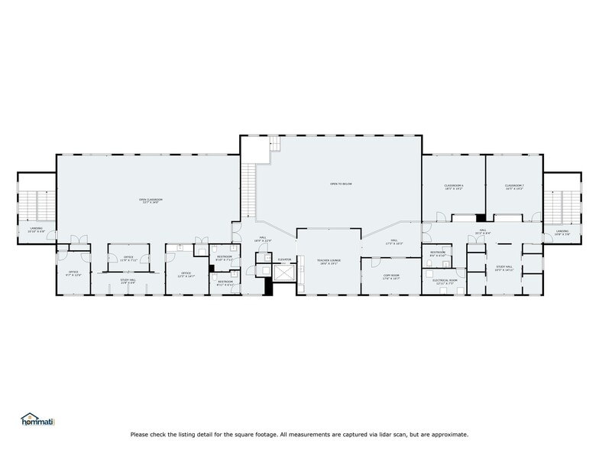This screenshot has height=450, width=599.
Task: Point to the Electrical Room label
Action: click(x=443, y=281)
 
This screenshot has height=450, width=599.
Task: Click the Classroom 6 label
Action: click(x=454, y=187)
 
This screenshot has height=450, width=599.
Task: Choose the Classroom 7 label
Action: click(x=513, y=187)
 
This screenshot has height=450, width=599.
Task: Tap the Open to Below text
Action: click(x=341, y=184)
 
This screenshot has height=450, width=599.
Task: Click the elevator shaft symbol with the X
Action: click(x=284, y=273)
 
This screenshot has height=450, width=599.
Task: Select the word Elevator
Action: click(x=284, y=259)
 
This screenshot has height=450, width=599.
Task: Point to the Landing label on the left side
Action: click(x=37, y=229)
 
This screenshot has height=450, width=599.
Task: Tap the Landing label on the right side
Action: click(x=562, y=232)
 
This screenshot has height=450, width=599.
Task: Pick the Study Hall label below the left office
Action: click(x=128, y=281)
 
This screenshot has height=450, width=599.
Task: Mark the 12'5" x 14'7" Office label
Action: click(x=186, y=274)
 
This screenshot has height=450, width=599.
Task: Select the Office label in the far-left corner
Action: click(x=73, y=273)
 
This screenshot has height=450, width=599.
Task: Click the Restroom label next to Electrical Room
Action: click(x=437, y=253)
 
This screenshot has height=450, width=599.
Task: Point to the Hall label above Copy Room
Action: click(x=394, y=242)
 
